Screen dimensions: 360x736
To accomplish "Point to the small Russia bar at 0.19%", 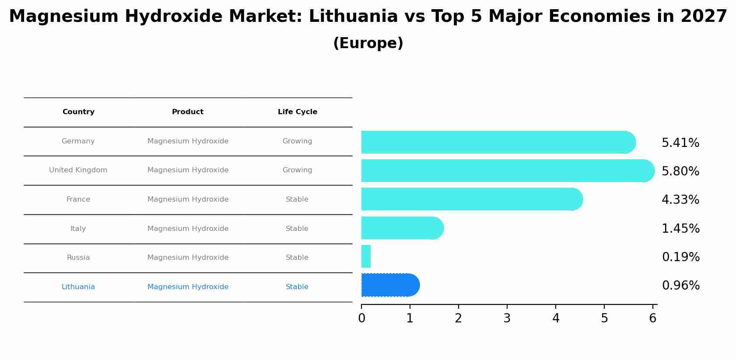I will (366, 256).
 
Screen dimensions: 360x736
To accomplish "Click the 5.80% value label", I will (680, 171).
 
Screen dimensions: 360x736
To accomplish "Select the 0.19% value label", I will (680, 257).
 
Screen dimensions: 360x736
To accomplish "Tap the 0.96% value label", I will (680, 286).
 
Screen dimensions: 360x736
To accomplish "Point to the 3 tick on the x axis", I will (507, 318).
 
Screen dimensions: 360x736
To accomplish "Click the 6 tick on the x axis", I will (653, 318).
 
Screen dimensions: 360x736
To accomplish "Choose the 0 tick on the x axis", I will (361, 318).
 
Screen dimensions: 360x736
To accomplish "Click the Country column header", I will (78, 112).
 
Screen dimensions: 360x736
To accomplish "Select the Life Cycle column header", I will (298, 112).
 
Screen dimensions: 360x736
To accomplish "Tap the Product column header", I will (188, 112).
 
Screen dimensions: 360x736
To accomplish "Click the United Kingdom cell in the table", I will (78, 170).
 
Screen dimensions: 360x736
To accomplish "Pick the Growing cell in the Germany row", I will (298, 141).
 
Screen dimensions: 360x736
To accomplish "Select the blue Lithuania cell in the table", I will (78, 287).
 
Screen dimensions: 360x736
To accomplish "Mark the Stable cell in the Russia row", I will (297, 258).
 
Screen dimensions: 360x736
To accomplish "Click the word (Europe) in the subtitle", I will (368, 43).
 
